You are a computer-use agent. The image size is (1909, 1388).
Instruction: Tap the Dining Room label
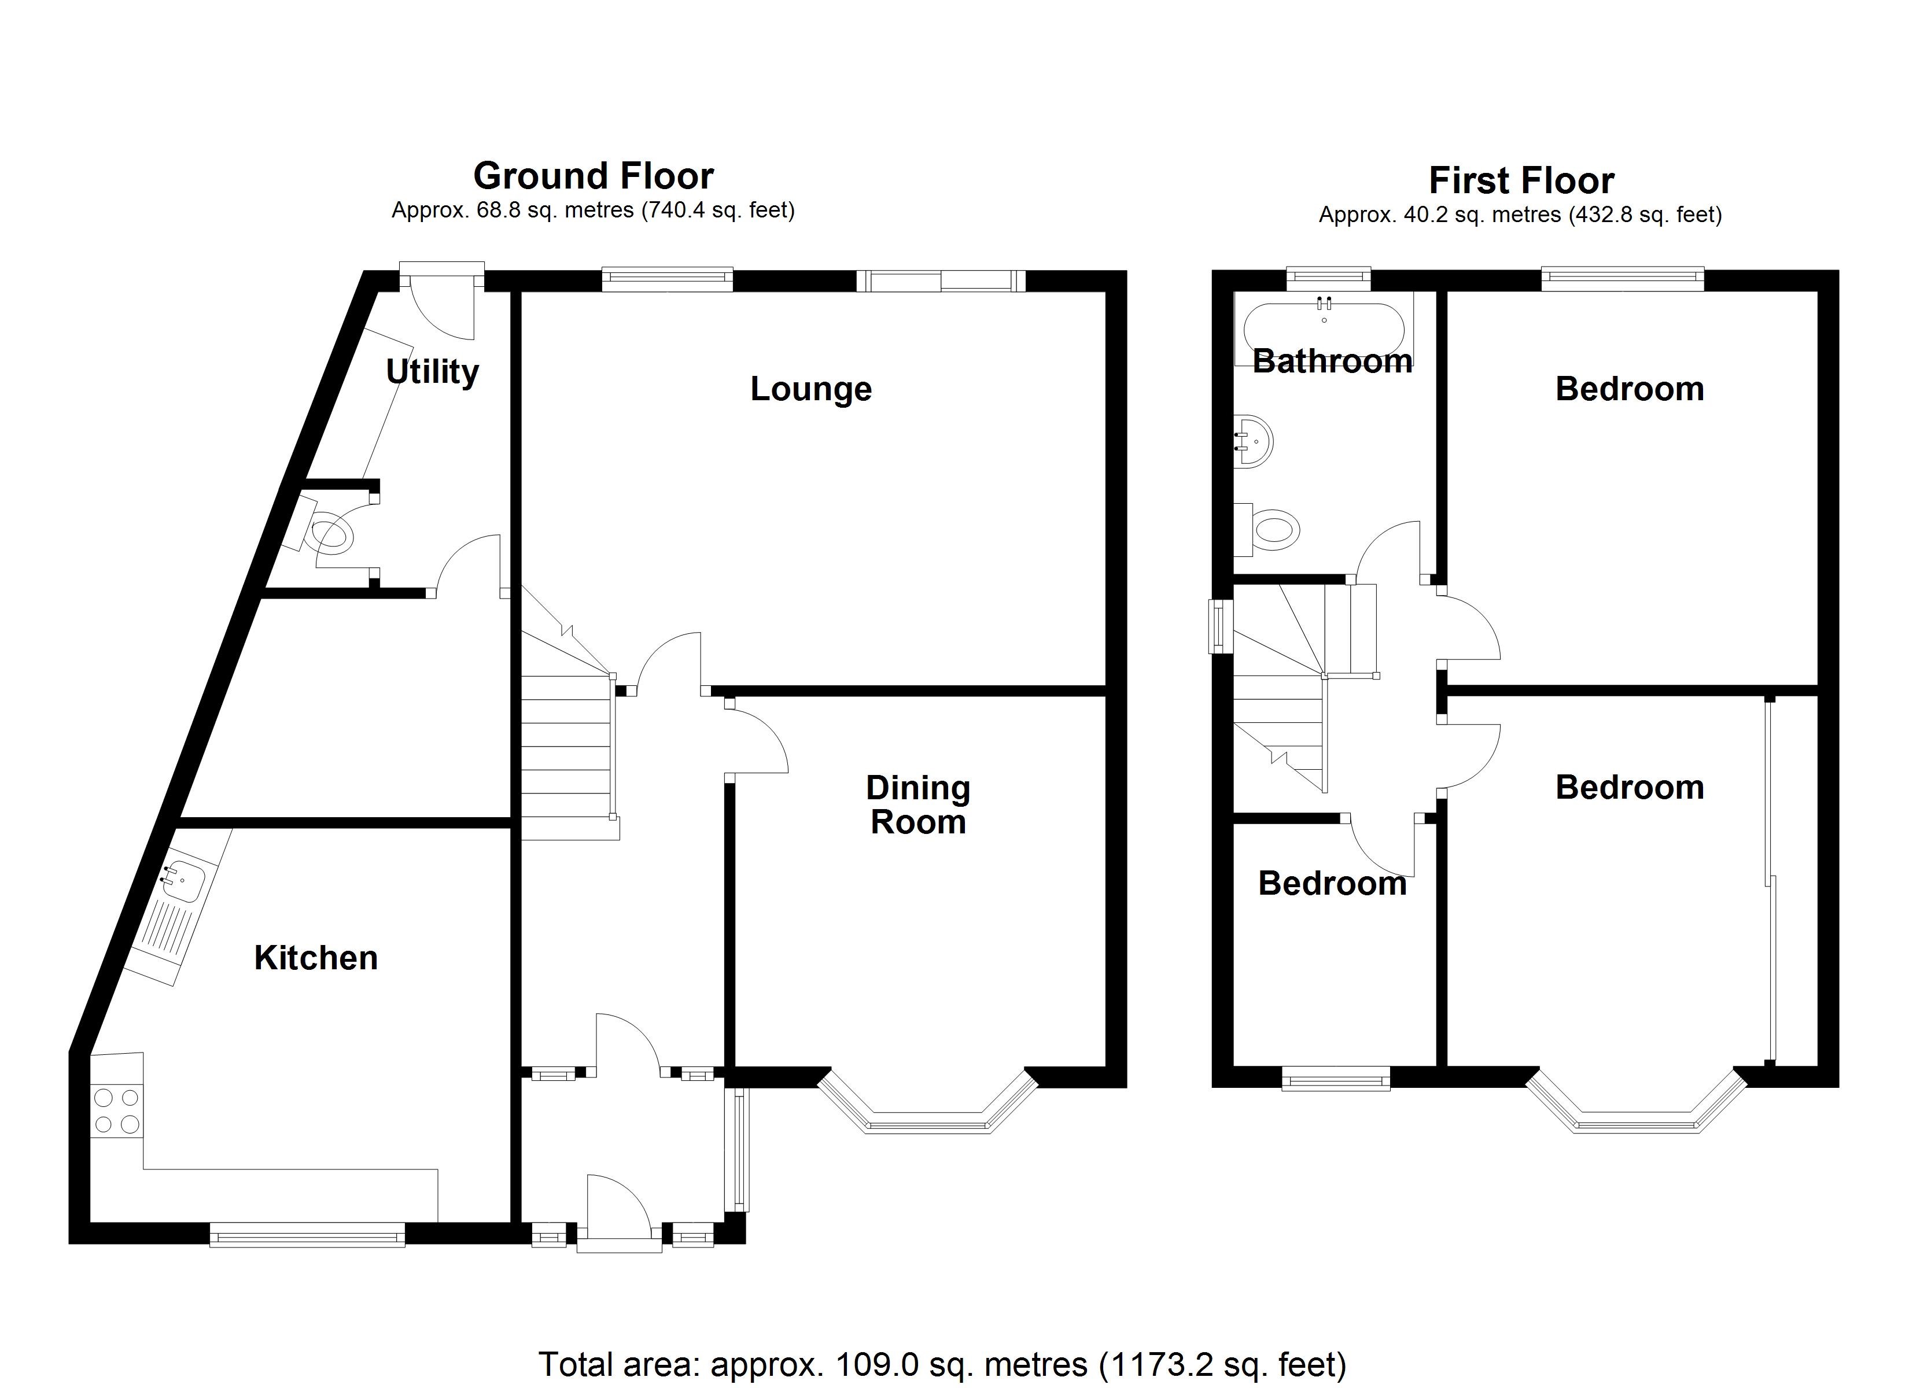pos(917,804)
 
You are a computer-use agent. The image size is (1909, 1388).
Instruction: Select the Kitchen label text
pos(316,958)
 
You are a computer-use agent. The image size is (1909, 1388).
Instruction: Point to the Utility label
pos(432,371)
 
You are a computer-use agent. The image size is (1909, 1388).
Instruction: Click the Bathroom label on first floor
pos(1332,361)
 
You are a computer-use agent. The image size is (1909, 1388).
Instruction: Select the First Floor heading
pos(1521,180)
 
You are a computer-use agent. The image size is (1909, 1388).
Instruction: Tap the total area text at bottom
pos(942,1364)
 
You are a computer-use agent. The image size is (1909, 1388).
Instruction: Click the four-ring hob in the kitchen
pos(117,1111)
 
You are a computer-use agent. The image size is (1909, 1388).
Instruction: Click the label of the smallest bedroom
pos(1332,884)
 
